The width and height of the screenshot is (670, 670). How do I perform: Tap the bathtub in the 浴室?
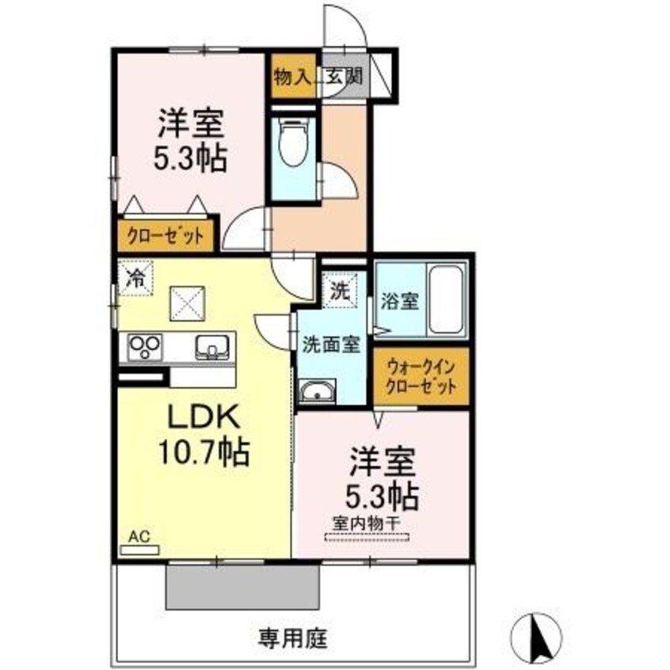coord(445,300)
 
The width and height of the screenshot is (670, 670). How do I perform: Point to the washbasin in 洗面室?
coord(318,390)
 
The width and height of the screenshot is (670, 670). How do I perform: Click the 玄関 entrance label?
coord(345,78)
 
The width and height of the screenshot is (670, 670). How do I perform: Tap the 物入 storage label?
coord(293,78)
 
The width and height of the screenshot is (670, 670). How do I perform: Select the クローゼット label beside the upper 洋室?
coord(166,235)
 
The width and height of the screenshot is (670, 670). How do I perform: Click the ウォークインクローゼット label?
coord(421,377)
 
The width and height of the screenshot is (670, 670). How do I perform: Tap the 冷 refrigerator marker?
coord(136,278)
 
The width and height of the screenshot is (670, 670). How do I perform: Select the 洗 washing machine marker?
coord(340,291)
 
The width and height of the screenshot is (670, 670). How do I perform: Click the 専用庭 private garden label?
coord(292,636)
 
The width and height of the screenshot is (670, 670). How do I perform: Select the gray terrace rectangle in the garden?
coord(242,586)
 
